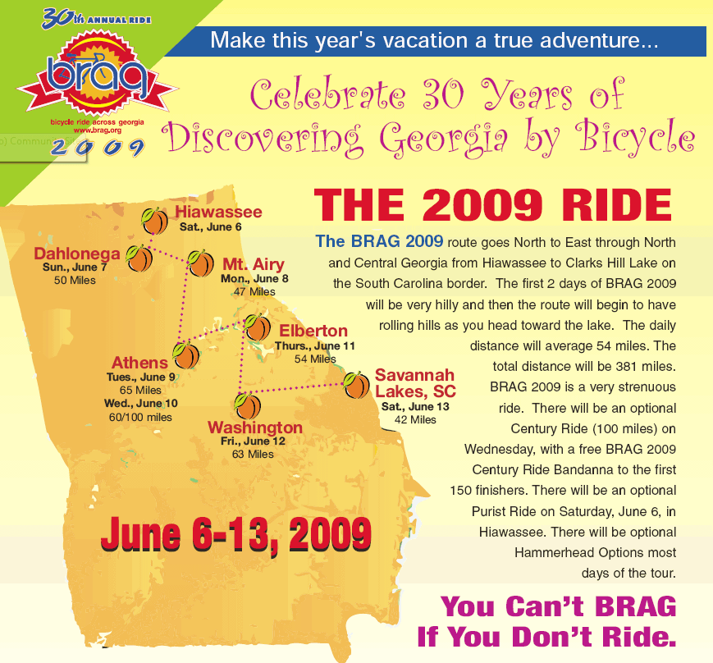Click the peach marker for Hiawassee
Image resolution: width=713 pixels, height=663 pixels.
[x=154, y=221]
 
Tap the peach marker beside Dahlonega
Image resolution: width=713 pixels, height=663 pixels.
[x=139, y=258]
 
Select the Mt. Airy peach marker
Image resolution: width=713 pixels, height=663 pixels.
[x=200, y=263]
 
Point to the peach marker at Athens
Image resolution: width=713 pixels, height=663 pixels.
[x=185, y=355]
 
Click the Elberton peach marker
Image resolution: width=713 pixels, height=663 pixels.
[x=258, y=327]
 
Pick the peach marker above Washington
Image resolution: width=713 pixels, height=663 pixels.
[x=247, y=406]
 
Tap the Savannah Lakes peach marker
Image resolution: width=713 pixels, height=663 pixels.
[x=356, y=385]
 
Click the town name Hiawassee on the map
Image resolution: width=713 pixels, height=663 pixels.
[x=219, y=212]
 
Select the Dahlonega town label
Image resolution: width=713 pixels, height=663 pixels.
[x=77, y=254]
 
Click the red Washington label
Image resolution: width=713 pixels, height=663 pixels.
[x=255, y=428]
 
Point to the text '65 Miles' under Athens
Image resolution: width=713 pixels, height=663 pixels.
[x=140, y=390]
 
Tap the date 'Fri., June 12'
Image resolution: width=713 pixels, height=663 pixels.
[x=253, y=441]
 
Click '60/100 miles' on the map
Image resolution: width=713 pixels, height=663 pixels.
[x=140, y=417]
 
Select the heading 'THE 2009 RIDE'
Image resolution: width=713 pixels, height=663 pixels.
[x=493, y=205]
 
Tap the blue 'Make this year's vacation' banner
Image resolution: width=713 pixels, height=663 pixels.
[x=435, y=41]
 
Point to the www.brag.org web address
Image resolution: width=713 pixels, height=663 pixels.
[x=98, y=130]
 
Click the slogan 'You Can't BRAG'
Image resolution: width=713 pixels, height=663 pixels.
[x=559, y=606]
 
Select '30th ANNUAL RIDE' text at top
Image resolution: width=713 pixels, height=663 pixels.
[x=96, y=19]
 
